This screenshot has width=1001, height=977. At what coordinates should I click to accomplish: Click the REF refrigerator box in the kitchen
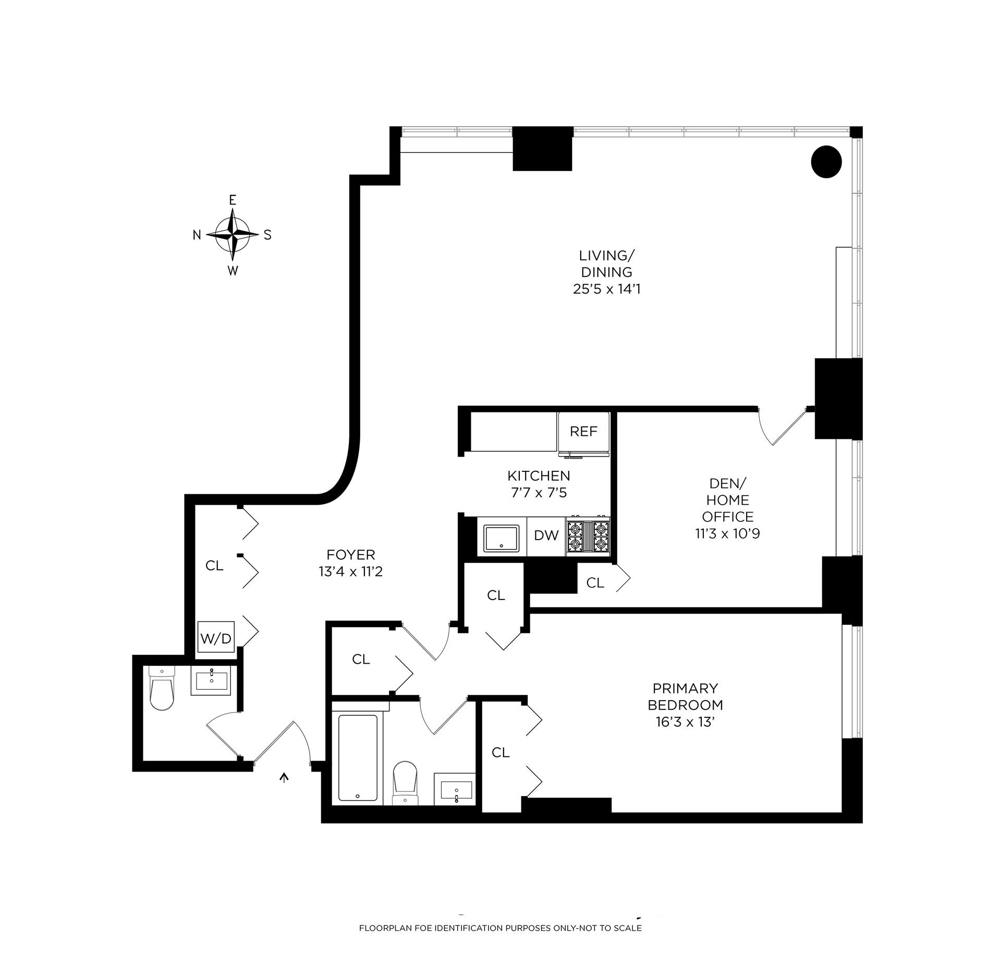click(x=583, y=432)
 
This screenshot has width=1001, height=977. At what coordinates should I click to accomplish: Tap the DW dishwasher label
click(x=546, y=535)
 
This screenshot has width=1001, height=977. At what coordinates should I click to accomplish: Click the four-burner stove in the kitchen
click(x=588, y=535)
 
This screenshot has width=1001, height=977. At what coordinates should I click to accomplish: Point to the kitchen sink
click(x=501, y=538)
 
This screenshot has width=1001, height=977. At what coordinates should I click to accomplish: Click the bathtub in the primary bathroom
click(x=358, y=758)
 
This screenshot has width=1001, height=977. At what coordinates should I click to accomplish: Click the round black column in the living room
click(x=826, y=162)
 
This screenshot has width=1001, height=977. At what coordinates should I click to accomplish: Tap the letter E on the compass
click(x=233, y=200)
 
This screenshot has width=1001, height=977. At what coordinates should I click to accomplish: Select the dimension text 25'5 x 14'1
click(x=606, y=289)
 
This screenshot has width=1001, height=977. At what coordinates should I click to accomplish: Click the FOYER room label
click(x=350, y=555)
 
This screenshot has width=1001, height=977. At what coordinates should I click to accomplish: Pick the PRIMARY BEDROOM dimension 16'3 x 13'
click(x=685, y=722)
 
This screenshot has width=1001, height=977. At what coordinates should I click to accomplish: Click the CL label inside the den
click(x=595, y=583)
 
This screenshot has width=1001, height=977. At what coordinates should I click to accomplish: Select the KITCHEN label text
click(x=539, y=475)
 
